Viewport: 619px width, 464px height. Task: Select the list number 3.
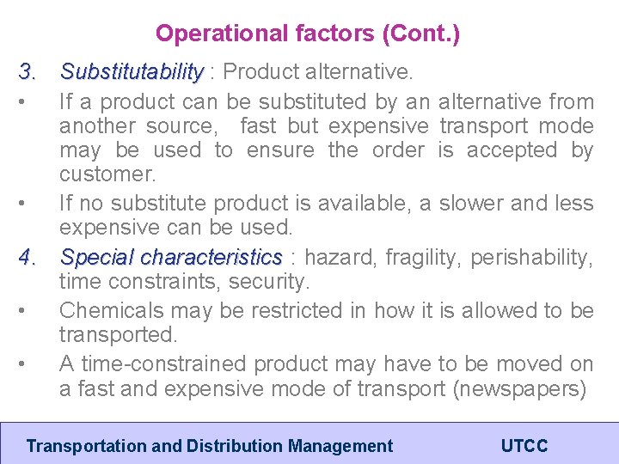(28, 71)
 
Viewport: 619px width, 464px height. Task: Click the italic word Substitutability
(132, 71)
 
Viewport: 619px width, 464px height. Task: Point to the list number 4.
(28, 257)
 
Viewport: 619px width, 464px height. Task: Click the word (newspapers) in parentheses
(519, 388)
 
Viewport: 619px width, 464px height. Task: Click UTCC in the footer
(524, 446)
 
